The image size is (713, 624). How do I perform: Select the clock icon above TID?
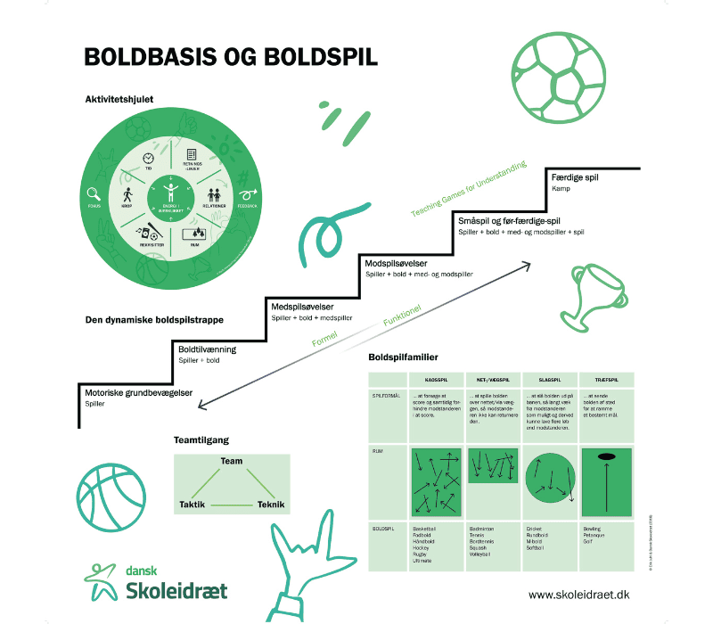coord(148,157)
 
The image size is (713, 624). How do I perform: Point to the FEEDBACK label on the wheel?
coord(245,205)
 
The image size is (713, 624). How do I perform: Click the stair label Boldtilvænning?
coord(209,349)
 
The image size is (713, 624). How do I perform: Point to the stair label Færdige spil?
coord(577,177)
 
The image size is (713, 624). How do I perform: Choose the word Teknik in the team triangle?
coord(271,505)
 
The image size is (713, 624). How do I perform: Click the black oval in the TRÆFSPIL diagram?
coord(607,457)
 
